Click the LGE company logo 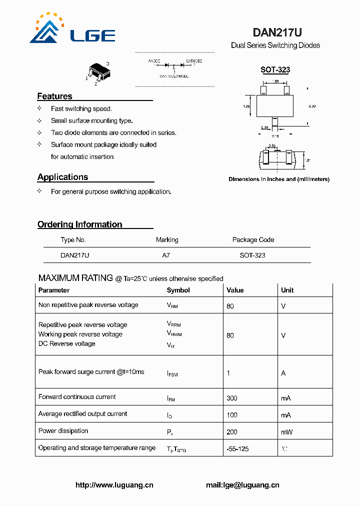[x=72, y=30]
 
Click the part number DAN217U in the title [x=277, y=32]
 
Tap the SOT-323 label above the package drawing [x=275, y=70]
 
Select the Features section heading [x=54, y=96]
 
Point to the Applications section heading [x=62, y=177]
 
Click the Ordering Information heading [x=79, y=224]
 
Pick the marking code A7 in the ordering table [x=166, y=255]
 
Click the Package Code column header [x=253, y=240]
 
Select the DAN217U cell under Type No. [x=75, y=255]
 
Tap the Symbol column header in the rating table [x=178, y=290]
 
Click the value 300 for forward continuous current [x=231, y=398]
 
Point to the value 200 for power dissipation [x=231, y=432]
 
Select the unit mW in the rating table [x=286, y=432]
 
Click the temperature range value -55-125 [x=237, y=449]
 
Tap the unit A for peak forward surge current [x=283, y=373]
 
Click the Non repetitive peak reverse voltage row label [x=88, y=305]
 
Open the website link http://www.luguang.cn [x=114, y=485]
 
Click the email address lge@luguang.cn [x=242, y=485]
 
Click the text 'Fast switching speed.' [x=81, y=109]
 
